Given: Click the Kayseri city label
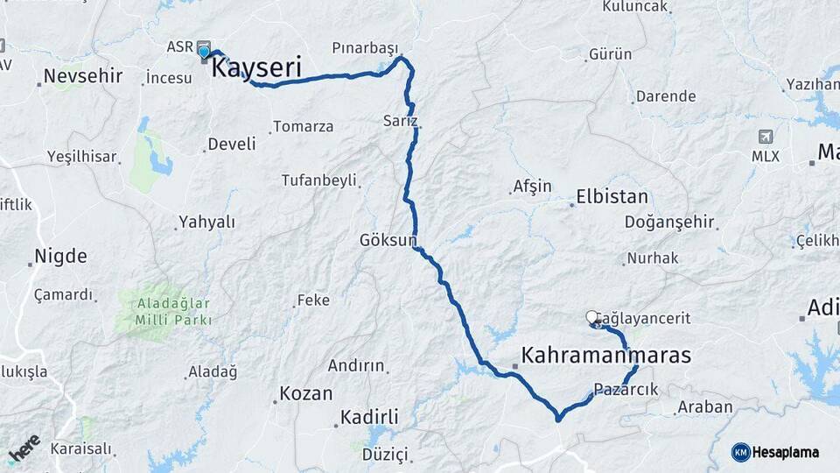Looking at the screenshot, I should (x=257, y=67).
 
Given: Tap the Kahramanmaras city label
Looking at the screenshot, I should (x=605, y=356).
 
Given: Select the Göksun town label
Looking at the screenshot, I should (x=388, y=239).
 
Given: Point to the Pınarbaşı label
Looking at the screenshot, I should (x=365, y=47).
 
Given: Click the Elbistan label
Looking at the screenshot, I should (x=612, y=196).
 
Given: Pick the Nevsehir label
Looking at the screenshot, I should (x=85, y=75).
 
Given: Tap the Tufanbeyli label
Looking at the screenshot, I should (x=318, y=180).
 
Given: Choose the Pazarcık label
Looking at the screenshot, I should (x=625, y=389).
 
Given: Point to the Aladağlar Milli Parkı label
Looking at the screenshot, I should (x=162, y=312).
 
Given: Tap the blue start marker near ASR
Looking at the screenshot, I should (x=204, y=52).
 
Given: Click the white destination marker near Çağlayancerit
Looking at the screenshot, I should (x=591, y=317).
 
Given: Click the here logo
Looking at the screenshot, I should (x=24, y=448).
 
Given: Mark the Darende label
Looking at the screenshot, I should (x=665, y=96).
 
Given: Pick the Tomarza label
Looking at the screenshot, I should (x=303, y=127).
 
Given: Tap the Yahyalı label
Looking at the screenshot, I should (x=206, y=222).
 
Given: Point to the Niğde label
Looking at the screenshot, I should (x=60, y=257).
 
